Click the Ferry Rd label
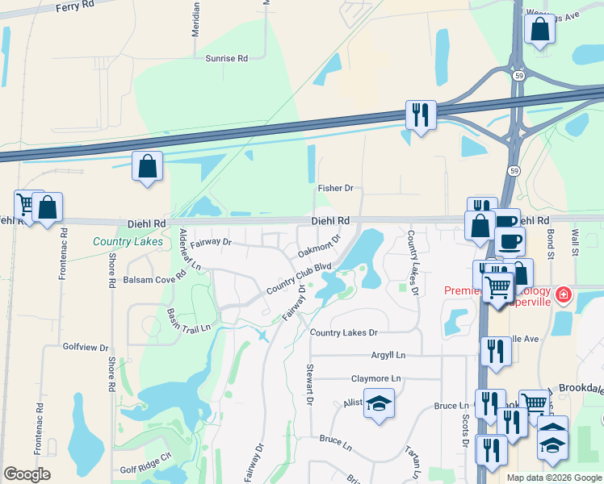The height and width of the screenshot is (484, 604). click(77, 7)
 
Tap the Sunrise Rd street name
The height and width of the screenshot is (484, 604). click(226, 58)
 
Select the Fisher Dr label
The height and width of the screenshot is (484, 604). click(335, 188)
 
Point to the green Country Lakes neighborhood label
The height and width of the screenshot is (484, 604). click(128, 241)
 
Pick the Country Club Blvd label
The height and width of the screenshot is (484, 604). click(300, 278)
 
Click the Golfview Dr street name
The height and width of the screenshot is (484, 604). click(86, 348)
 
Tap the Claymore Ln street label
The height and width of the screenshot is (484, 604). click(375, 378)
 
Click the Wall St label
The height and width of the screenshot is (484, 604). click(576, 242)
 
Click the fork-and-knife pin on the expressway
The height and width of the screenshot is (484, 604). click(420, 115)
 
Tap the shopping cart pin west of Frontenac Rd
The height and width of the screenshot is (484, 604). click(28, 204)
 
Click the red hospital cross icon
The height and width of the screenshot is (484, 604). click(563, 294)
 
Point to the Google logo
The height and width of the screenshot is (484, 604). click(27, 474)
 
